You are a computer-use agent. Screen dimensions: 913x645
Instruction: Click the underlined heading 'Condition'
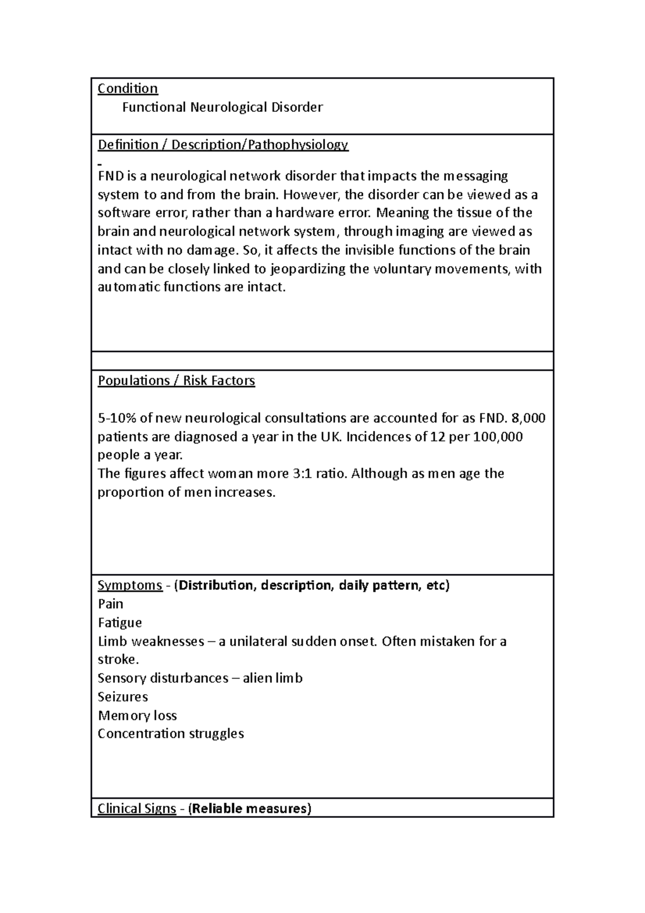pos(127,89)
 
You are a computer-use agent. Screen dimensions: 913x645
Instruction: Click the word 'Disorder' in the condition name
pos(297,108)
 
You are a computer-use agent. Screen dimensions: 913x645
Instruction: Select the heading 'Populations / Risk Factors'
pos(176,381)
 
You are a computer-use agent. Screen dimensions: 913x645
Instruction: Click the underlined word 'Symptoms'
pos(130,585)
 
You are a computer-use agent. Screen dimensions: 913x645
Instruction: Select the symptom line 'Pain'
pos(110,604)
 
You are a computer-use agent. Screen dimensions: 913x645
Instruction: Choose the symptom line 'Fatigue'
pos(120,623)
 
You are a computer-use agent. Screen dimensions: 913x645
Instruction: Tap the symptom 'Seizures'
pos(123,697)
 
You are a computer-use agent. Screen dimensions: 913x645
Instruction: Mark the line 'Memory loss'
pos(137,716)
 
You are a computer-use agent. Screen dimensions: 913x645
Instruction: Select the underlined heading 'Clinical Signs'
pos(137,809)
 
